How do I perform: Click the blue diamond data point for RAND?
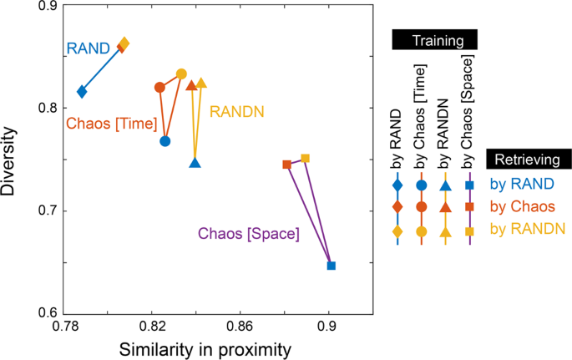pyautogui.click(x=82, y=91)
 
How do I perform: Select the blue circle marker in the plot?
pyautogui.click(x=165, y=141)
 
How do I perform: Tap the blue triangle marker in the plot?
pyautogui.click(x=195, y=163)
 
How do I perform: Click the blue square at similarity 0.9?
pyautogui.click(x=332, y=266)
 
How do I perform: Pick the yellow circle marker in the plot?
pyautogui.click(x=182, y=74)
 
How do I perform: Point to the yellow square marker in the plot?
pyautogui.click(x=306, y=158)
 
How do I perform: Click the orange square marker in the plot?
pyautogui.click(x=287, y=165)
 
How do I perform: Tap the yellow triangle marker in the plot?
pyautogui.click(x=201, y=83)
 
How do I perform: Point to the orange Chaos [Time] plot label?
pyautogui.click(x=111, y=124)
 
